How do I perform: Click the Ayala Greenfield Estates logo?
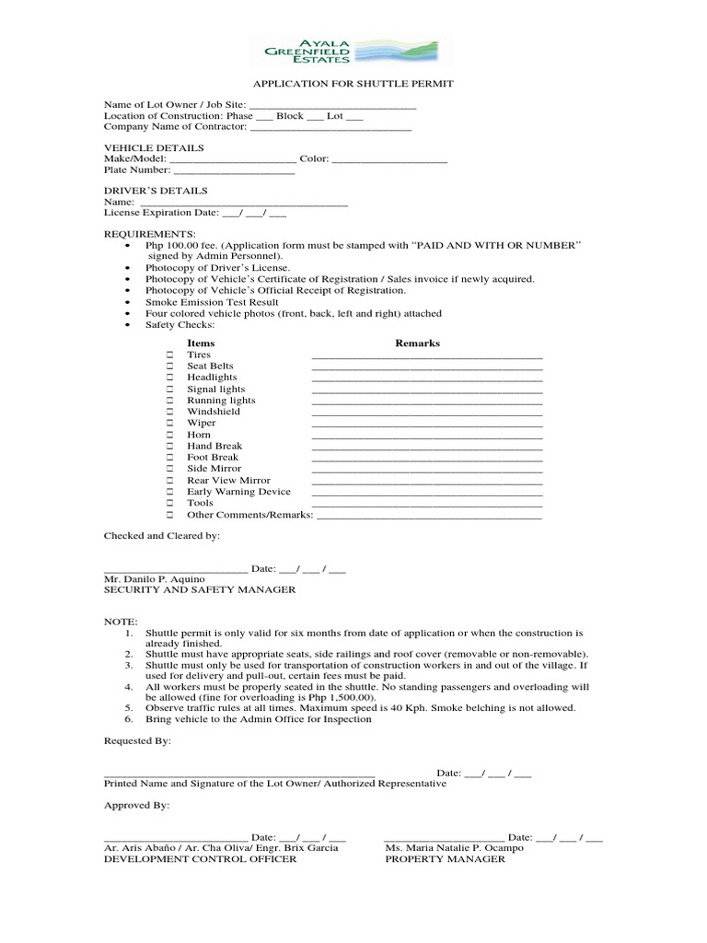click(x=353, y=50)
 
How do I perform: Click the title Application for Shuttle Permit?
click(x=353, y=84)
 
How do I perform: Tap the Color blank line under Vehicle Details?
click(x=389, y=160)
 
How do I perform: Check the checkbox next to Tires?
click(x=169, y=355)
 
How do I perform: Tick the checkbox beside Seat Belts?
click(x=169, y=367)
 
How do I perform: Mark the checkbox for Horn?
click(x=169, y=435)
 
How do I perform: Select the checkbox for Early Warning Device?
click(x=169, y=492)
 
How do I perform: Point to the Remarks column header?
click(x=417, y=343)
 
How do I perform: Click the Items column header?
click(x=201, y=343)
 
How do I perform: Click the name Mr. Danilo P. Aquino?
click(x=154, y=578)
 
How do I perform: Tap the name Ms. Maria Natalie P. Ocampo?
click(x=454, y=847)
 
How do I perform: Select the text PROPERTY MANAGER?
click(x=445, y=859)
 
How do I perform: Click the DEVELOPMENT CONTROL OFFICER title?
click(x=200, y=859)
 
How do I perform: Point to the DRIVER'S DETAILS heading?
click(x=155, y=191)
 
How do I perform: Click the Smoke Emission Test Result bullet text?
click(x=212, y=302)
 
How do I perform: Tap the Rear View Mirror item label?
click(x=228, y=480)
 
